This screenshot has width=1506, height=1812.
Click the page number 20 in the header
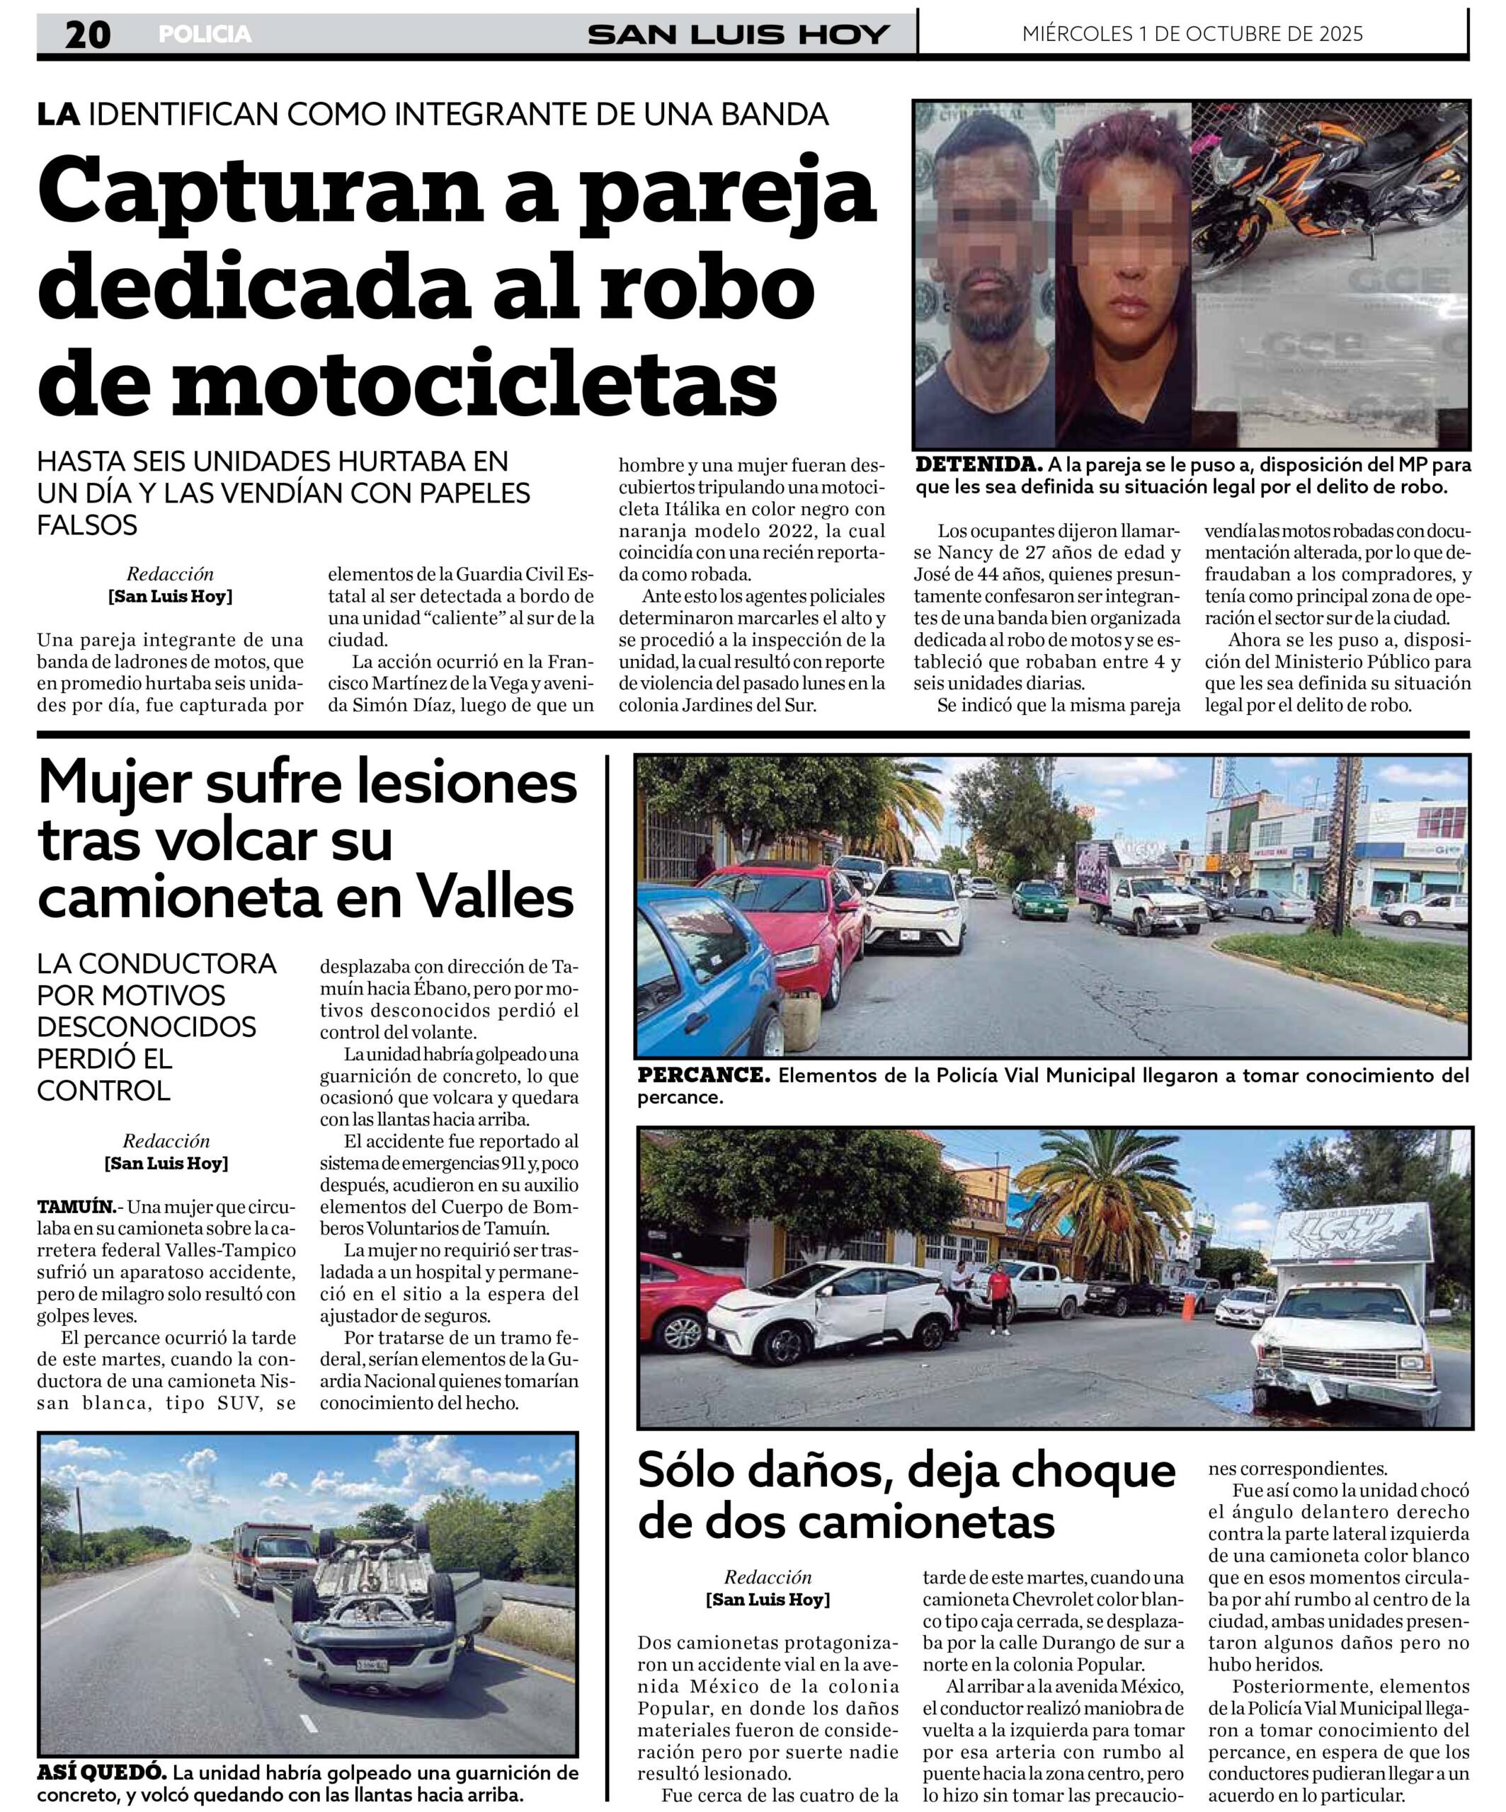pyautogui.click(x=87, y=35)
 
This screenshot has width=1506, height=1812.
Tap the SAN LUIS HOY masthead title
pyautogui.click(x=738, y=35)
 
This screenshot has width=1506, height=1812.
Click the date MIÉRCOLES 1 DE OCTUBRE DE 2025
pyautogui.click(x=1192, y=34)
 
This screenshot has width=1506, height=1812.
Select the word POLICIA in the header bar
pyautogui.click(x=205, y=35)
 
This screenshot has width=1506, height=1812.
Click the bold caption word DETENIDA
pyautogui.click(x=978, y=465)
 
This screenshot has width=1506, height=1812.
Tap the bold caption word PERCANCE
pyautogui.click(x=702, y=1075)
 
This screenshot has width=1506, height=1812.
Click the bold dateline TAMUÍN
pyautogui.click(x=76, y=1206)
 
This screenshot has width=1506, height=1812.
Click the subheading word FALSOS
pyautogui.click(x=87, y=524)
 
